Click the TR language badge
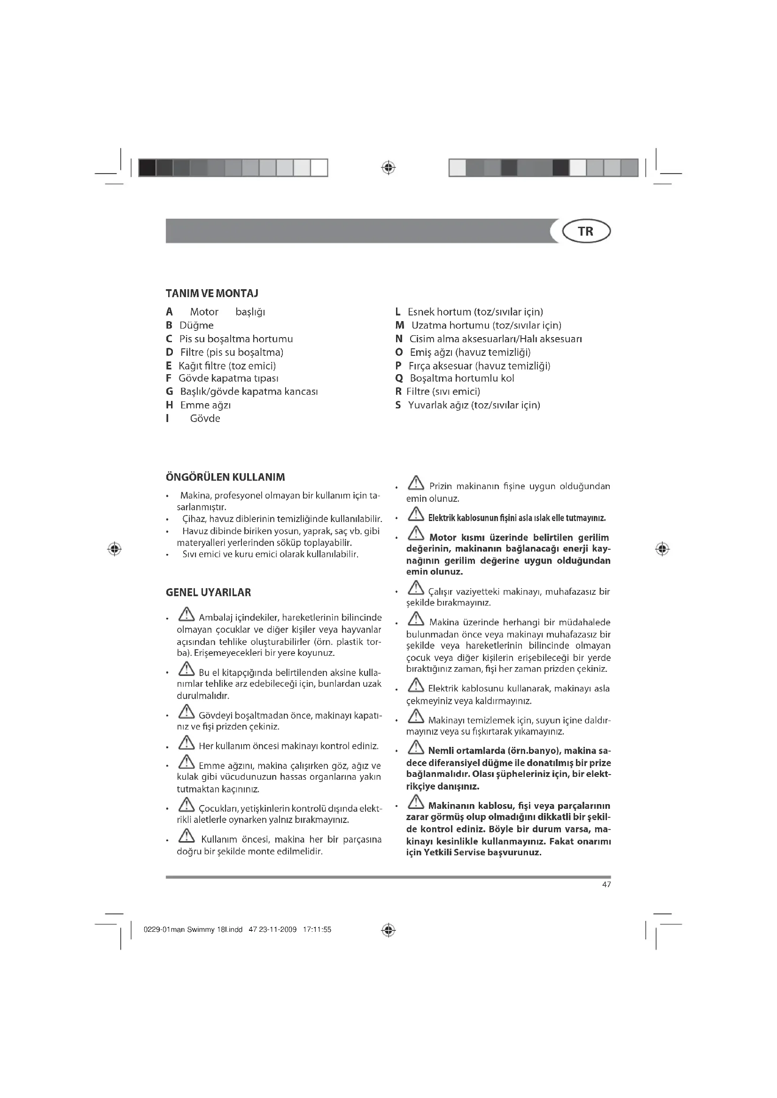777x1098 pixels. [586, 231]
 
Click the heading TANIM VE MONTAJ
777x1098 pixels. [212, 293]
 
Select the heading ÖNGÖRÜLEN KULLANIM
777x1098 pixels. [225, 477]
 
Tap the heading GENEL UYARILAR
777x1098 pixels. [208, 592]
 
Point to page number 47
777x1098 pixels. [606, 885]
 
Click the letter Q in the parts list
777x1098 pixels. [399, 378]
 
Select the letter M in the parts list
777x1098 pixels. [400, 325]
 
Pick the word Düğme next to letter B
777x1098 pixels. [196, 325]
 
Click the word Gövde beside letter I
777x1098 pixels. [205, 418]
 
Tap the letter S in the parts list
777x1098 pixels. [397, 405]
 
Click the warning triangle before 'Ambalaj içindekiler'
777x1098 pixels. [186, 614]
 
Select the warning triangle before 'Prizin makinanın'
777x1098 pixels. [416, 484]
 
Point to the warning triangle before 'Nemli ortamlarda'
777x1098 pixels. [416, 747]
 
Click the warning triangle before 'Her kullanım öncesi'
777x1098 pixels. [186, 743]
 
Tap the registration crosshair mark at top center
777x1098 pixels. [388, 168]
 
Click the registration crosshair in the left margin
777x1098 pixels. [114, 549]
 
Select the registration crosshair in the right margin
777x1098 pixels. [662, 549]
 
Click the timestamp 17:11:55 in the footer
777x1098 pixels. [317, 929]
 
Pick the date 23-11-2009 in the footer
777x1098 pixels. [278, 929]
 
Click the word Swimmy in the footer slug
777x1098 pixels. [201, 929]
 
